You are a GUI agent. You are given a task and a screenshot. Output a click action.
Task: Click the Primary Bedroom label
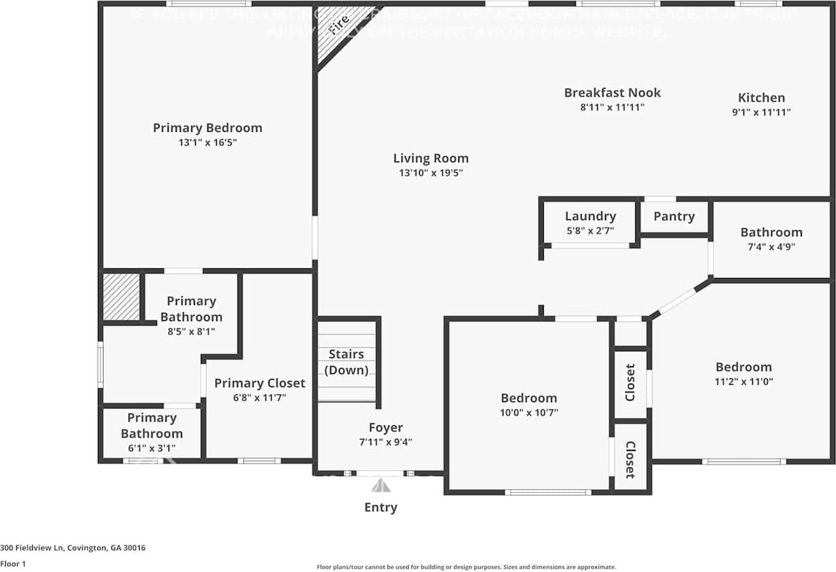[207, 128]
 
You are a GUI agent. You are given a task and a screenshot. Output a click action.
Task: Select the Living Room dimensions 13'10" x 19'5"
[430, 173]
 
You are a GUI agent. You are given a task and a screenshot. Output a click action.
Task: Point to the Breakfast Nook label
[612, 93]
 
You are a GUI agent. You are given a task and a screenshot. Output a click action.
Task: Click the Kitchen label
[761, 98]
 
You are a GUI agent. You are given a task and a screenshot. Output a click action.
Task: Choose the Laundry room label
[590, 216]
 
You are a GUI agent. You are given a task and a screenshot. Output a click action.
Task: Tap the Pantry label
[673, 216]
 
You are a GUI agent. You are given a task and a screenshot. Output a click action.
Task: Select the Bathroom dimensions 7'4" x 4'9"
[771, 247]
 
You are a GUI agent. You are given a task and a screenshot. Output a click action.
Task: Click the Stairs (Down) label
[346, 362]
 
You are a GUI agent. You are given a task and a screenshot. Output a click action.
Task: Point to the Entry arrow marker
[381, 486]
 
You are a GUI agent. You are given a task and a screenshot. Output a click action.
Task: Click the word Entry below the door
[380, 507]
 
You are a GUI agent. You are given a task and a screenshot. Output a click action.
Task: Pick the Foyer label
[385, 428]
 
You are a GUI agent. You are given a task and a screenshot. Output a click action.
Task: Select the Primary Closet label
[259, 383]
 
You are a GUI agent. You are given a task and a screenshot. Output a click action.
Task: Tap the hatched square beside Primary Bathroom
[122, 297]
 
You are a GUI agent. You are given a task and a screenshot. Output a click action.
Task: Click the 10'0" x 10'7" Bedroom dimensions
[528, 413]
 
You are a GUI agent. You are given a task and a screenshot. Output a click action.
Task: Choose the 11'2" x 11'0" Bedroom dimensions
[743, 381]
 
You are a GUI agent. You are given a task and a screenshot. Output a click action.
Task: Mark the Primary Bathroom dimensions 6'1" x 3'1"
[152, 449]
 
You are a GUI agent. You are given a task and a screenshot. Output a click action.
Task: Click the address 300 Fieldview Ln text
[72, 548]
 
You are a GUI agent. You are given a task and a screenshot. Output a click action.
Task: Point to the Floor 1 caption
[12, 564]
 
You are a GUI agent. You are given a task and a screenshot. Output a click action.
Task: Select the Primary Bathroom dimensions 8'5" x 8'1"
[191, 331]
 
